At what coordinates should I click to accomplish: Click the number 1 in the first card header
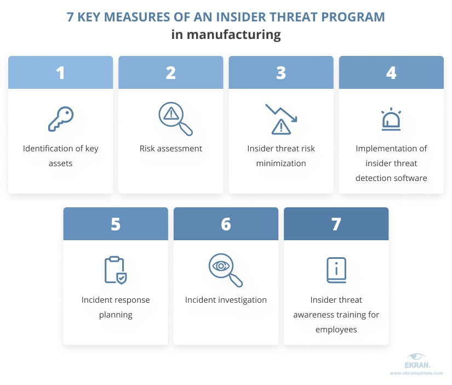[60, 73]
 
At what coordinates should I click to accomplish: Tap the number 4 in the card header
[391, 73]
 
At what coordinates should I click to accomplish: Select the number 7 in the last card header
[336, 224]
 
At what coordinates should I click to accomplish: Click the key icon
[61, 119]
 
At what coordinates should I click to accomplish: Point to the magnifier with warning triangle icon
[175, 118]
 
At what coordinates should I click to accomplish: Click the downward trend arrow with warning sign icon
[281, 119]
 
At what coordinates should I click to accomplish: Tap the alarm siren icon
[391, 119]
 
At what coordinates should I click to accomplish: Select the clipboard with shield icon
[115, 270]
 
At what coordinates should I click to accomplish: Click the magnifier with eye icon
[225, 270]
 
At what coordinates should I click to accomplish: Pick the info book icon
[336, 270]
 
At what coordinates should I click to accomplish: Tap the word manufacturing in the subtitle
[234, 35]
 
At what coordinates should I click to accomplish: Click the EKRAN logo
[417, 361]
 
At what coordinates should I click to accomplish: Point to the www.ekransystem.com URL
[416, 373]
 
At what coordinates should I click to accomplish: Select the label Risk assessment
[170, 148]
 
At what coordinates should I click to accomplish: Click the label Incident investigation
[226, 300]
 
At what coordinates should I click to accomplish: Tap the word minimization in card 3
[281, 163]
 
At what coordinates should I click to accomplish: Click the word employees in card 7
[336, 330]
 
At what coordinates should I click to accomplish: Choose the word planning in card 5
[116, 315]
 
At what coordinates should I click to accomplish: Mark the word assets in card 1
[60, 163]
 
